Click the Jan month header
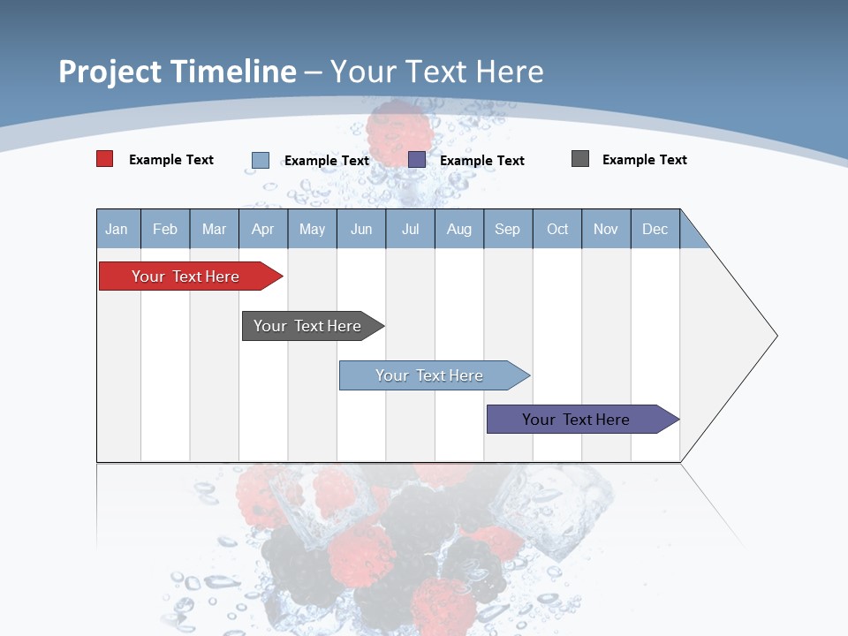(117, 229)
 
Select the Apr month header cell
(263, 229)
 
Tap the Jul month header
(410, 229)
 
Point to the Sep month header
(508, 229)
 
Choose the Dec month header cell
(655, 229)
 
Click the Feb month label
(165, 229)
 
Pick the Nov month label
(606, 229)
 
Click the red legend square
(105, 159)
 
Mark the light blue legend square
(261, 160)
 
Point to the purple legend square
(417, 160)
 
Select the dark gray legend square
(580, 159)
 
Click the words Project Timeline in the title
(178, 72)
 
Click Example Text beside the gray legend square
(644, 160)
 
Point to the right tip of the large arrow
(775, 336)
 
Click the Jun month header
(361, 229)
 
